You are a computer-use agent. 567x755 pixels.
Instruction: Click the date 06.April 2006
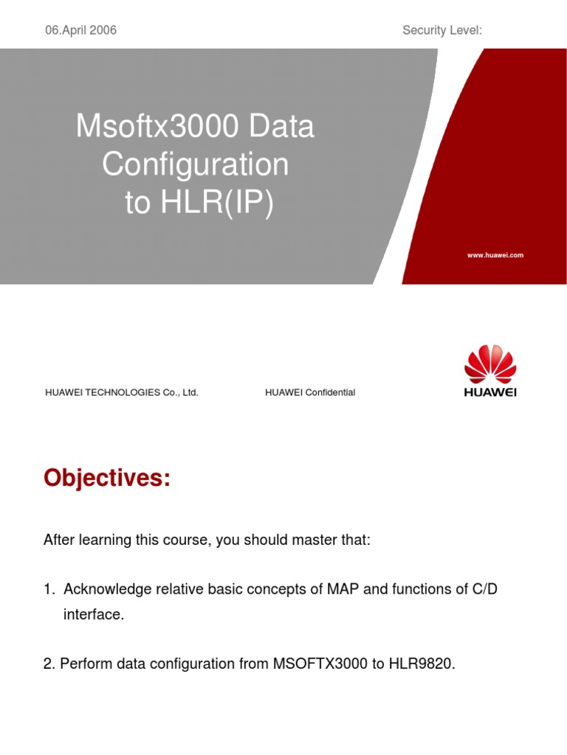coord(80,30)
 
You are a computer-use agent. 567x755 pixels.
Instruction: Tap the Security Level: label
coord(442,30)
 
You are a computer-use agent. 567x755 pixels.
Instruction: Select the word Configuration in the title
coord(196,164)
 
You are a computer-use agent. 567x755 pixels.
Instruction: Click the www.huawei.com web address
coord(495,255)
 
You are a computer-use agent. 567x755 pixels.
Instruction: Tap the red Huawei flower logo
coord(490,364)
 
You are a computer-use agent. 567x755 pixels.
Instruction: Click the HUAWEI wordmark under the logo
coord(490,392)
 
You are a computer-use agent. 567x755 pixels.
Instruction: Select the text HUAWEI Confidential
coord(310,392)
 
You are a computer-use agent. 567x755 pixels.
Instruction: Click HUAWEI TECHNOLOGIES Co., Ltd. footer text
coord(122,392)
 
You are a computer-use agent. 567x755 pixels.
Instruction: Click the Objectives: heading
coord(107,479)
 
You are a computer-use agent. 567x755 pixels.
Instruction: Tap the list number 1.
coord(49,589)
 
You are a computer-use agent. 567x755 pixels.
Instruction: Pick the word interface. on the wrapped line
coord(93,614)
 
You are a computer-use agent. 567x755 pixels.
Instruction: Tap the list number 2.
coord(49,664)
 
